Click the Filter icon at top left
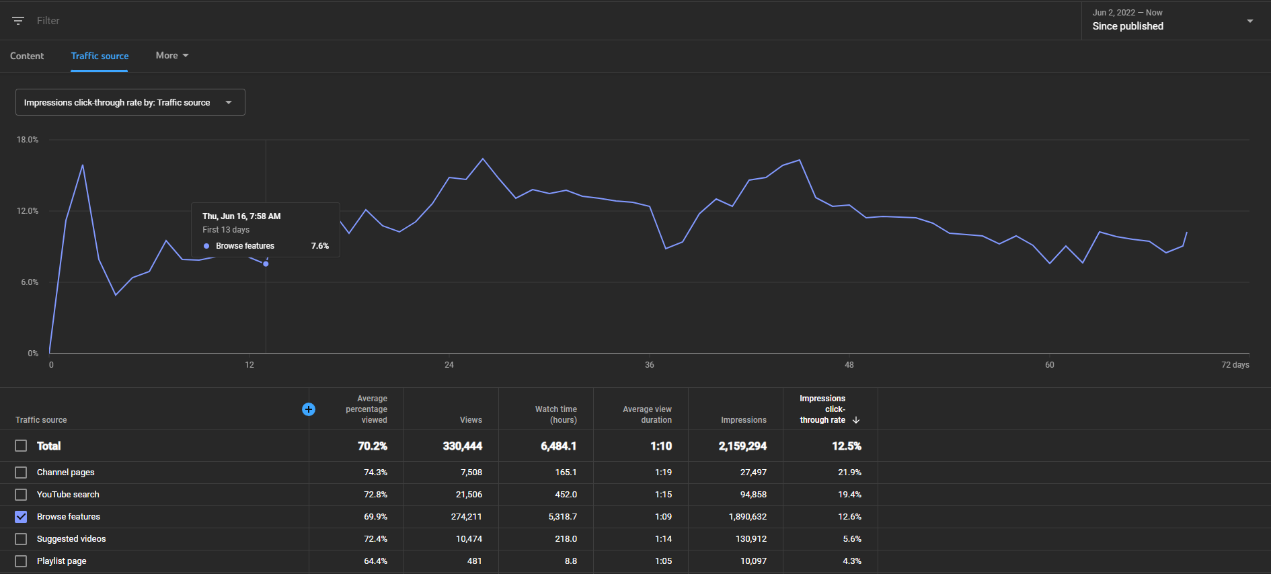click(x=18, y=21)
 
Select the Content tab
click(x=27, y=56)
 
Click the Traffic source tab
click(x=100, y=56)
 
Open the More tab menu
click(x=172, y=55)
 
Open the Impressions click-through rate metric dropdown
click(x=130, y=102)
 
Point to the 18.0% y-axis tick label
click(x=28, y=140)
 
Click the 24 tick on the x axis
click(x=449, y=365)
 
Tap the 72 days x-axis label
click(x=1235, y=365)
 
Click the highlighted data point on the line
click(x=266, y=264)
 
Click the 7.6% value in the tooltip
click(x=320, y=246)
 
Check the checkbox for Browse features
click(x=21, y=517)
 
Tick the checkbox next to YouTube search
click(x=21, y=495)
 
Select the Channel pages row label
click(x=66, y=473)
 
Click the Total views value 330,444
click(x=463, y=446)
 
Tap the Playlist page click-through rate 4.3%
click(x=852, y=561)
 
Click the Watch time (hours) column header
click(x=556, y=415)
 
